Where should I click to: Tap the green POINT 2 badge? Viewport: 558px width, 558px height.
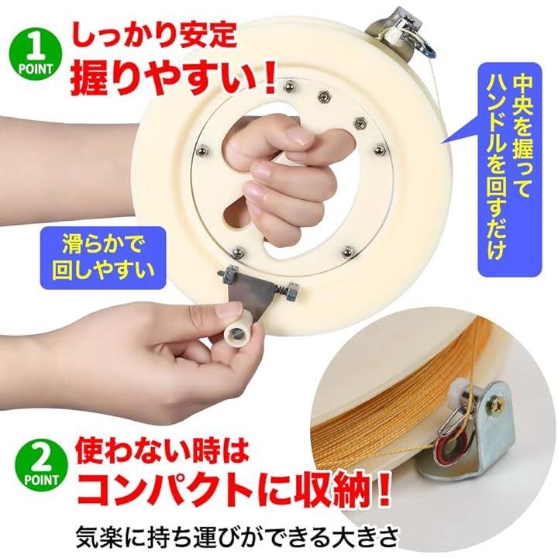[41, 465]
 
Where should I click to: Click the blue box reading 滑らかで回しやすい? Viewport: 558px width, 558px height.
[103, 258]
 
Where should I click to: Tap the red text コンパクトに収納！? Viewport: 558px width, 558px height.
[233, 494]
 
